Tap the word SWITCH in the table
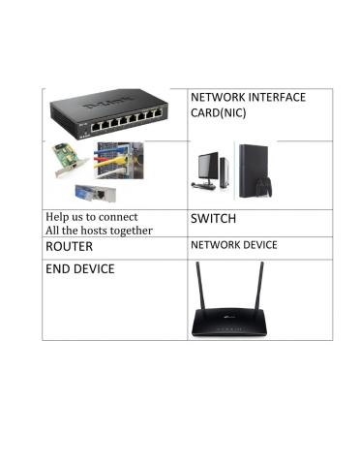214,219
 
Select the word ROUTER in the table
70,247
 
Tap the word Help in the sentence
58,216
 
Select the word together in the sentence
131,231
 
